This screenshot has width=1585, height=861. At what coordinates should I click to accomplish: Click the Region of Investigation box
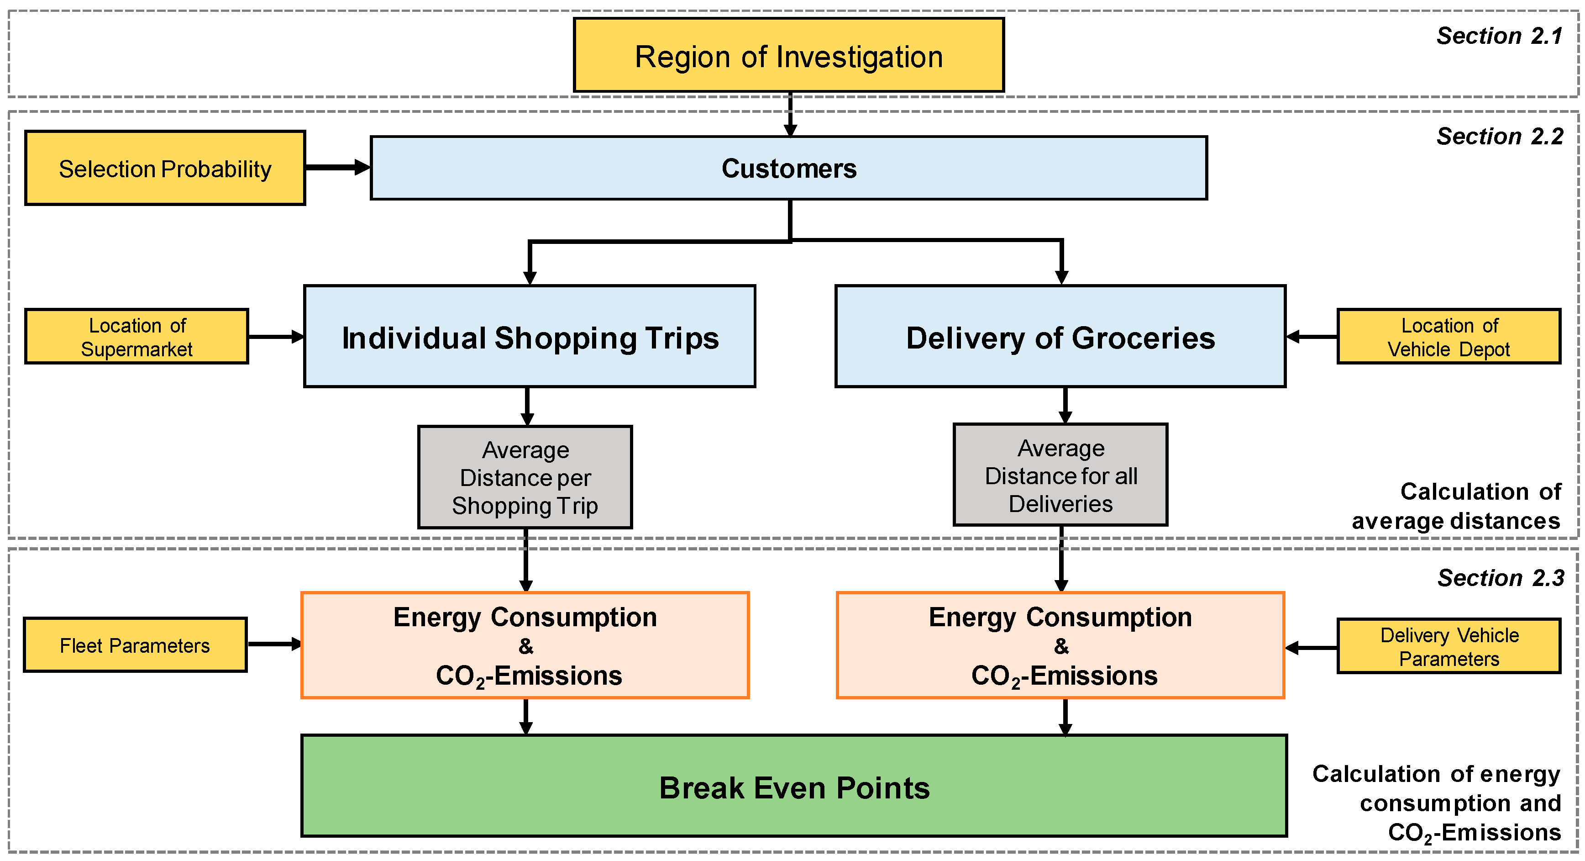coord(788,55)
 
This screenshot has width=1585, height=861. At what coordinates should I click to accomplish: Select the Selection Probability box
coord(165,168)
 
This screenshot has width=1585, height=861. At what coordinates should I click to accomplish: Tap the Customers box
coord(788,168)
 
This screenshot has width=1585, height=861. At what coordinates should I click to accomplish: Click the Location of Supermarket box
coord(136,337)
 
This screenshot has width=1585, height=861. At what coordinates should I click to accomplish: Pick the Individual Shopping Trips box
coord(529,337)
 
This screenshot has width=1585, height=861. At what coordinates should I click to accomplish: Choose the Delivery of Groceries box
coord(1060,337)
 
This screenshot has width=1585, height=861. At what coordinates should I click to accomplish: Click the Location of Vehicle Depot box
coord(1449,337)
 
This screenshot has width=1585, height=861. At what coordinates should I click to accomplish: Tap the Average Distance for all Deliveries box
coord(1060,475)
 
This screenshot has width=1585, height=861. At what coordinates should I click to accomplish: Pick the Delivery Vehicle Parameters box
coord(1449,646)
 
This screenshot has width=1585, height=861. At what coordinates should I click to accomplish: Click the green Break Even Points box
coord(794,787)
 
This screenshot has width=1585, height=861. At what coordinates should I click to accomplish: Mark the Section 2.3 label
coord(1500,577)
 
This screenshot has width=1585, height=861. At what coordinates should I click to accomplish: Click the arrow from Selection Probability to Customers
coord(337,167)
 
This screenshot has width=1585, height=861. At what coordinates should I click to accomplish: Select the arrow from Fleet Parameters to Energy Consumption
coord(274,644)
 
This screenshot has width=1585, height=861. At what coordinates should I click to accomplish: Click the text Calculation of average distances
coord(1456,506)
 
